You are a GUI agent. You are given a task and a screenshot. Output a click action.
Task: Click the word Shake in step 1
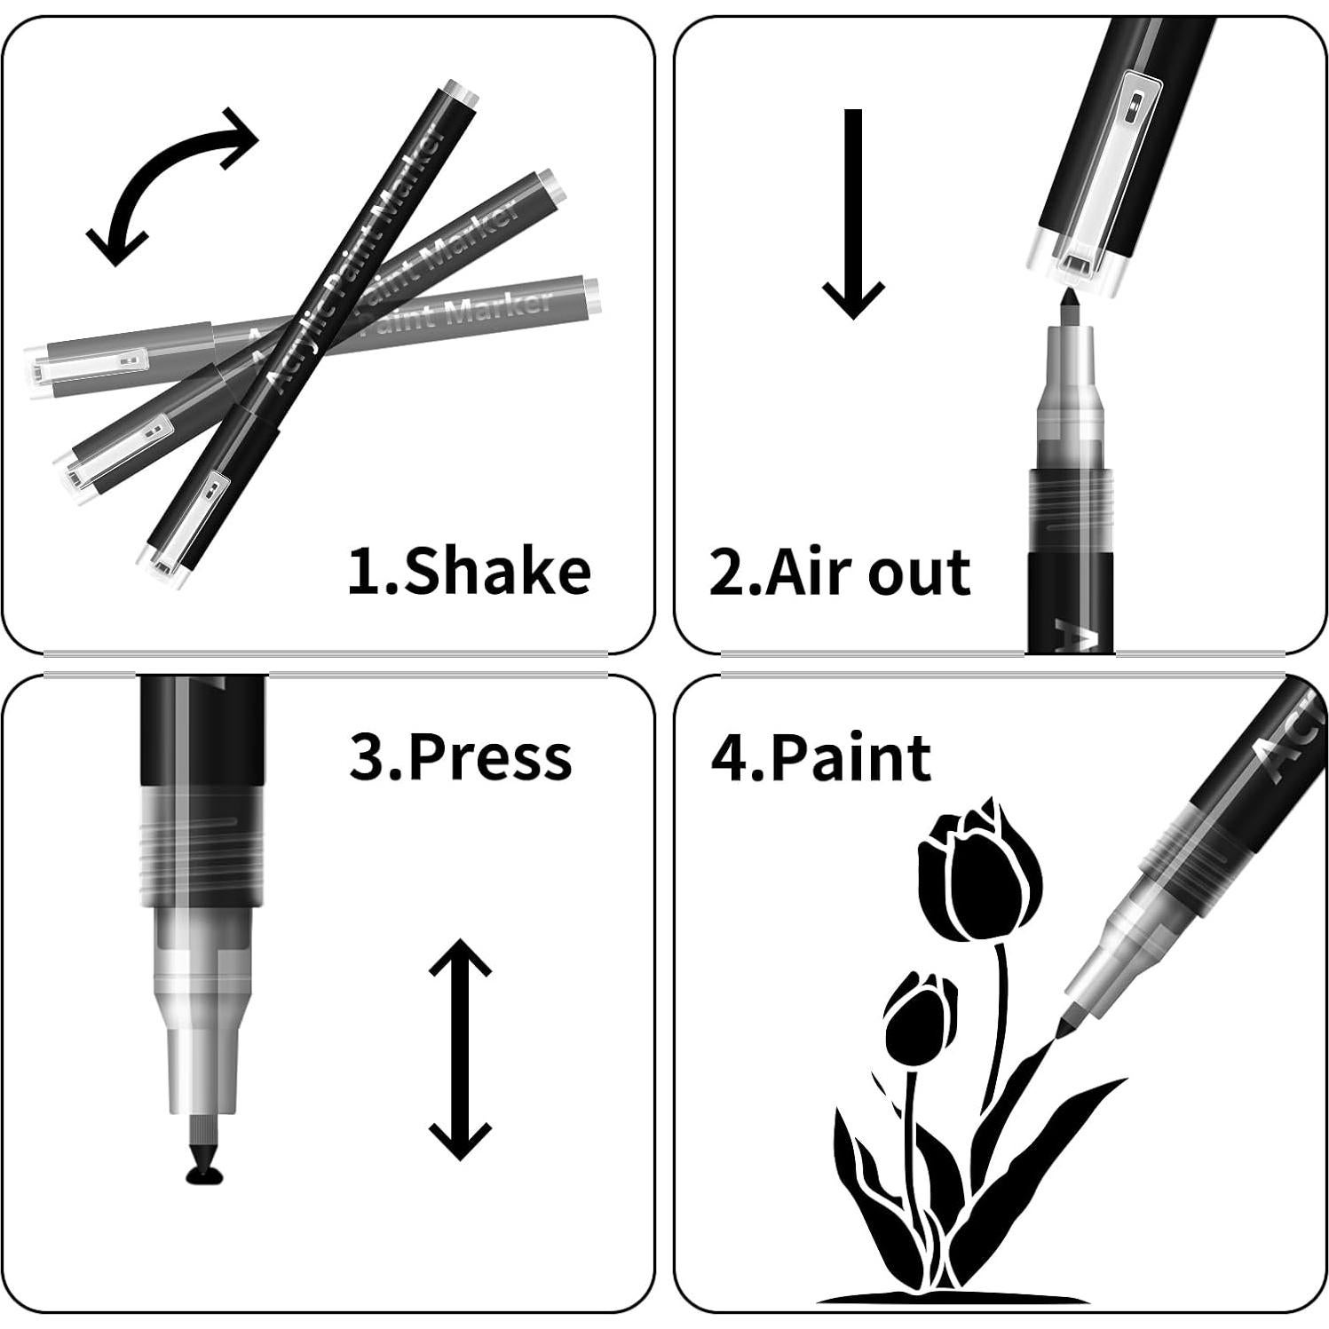(x=497, y=571)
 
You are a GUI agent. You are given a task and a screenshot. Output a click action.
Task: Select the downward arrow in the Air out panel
(x=853, y=213)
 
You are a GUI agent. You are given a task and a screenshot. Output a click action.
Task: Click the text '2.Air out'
(x=839, y=573)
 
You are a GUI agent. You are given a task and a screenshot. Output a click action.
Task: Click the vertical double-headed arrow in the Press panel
(x=460, y=1049)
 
